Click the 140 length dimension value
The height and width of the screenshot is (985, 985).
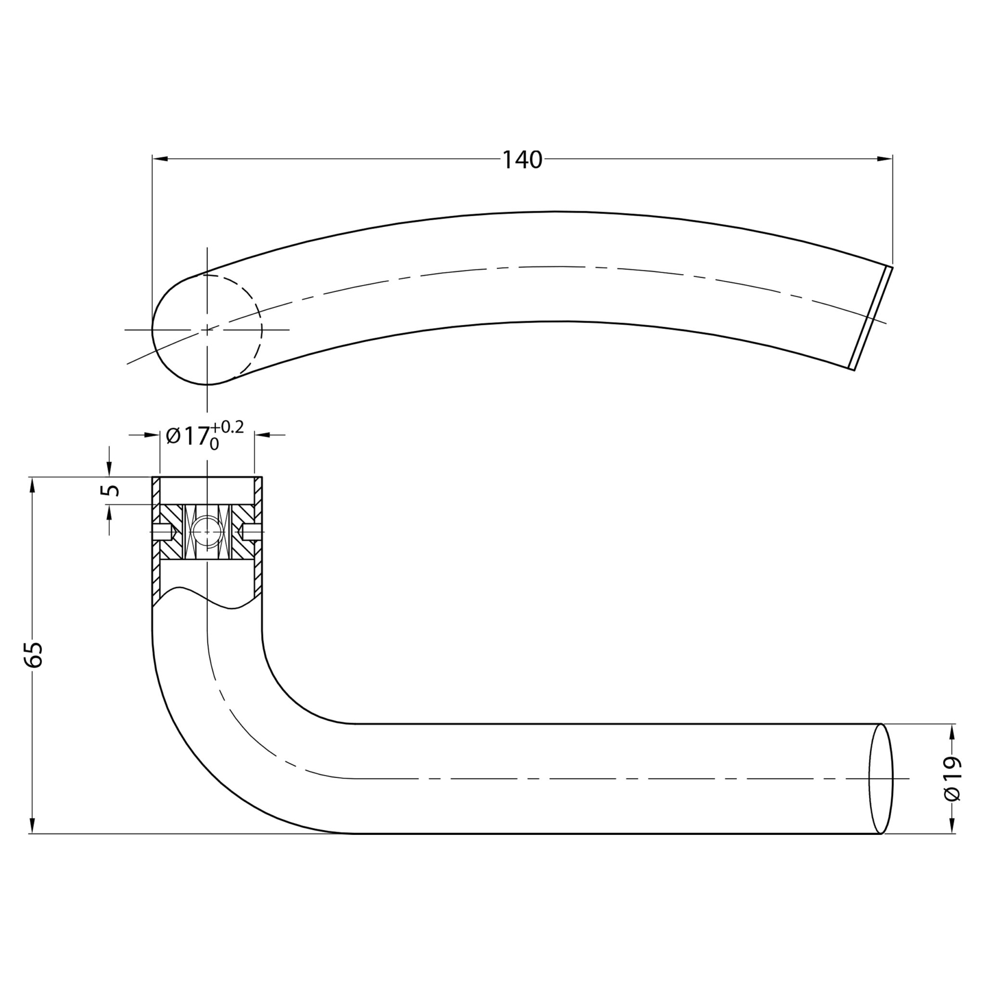point(523,160)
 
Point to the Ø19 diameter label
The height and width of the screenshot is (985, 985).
point(952,786)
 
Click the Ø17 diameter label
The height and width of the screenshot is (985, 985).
point(188,436)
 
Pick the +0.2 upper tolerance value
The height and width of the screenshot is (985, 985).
point(228,427)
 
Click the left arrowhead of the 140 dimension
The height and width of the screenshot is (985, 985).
point(160,159)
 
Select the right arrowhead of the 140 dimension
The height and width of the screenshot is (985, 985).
point(884,159)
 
